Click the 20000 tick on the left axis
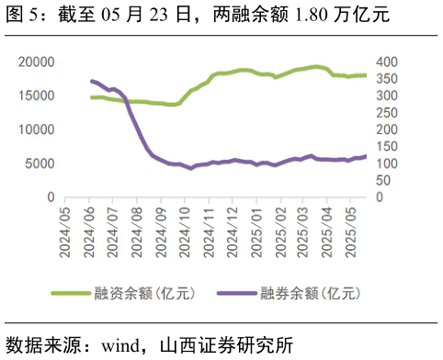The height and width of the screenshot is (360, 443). tap(36, 62)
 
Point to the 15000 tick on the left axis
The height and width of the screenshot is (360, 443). tap(36, 96)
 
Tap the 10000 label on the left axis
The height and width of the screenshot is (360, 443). tap(36, 129)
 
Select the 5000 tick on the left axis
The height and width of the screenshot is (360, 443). tap(40, 163)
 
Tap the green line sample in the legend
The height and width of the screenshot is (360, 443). tap(70, 294)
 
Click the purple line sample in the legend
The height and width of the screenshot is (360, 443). tap(237, 294)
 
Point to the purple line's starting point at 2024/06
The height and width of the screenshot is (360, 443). tap(90, 81)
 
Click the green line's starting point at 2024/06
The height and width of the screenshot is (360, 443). tap(90, 96)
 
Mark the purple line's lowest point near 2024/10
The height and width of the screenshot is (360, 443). tap(191, 168)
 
